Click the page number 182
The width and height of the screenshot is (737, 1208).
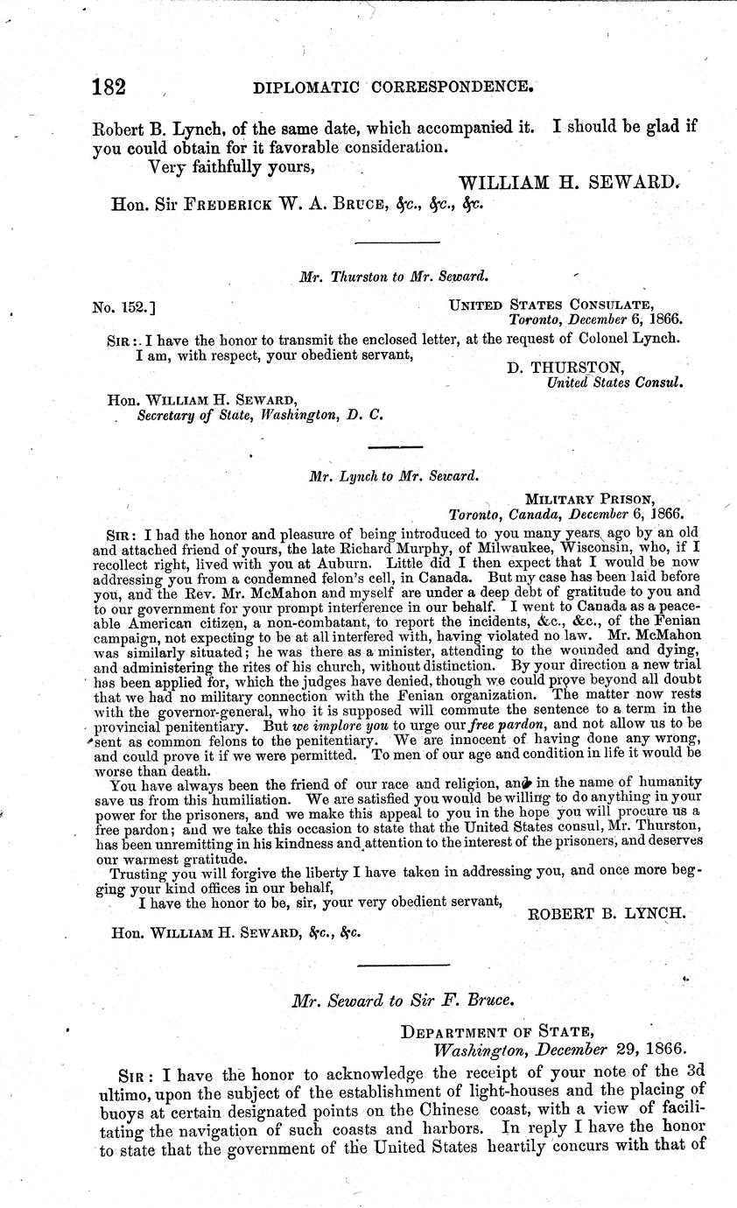110,88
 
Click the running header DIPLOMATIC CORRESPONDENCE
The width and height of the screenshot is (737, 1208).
393,88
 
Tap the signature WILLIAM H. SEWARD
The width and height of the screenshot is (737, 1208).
570,183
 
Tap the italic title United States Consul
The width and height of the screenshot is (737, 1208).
615,383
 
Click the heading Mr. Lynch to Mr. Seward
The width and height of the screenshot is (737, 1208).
393,476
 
